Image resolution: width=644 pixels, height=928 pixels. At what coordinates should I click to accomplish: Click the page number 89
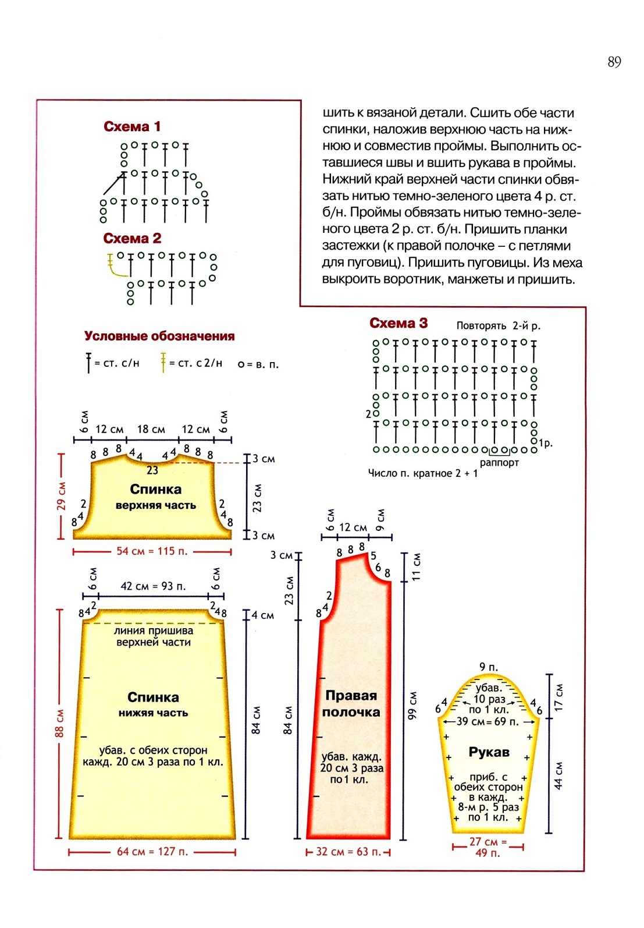click(614, 62)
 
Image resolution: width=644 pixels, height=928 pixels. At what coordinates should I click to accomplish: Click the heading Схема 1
click(132, 126)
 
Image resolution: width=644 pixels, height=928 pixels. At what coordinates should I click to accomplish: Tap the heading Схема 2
click(132, 238)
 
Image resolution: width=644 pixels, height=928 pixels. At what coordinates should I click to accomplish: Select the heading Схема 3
click(399, 323)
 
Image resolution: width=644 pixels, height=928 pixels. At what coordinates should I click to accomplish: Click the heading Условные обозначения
click(159, 336)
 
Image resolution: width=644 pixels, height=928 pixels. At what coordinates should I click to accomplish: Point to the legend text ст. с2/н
click(200, 363)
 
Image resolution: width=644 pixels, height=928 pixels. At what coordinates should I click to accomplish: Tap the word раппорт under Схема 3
click(499, 463)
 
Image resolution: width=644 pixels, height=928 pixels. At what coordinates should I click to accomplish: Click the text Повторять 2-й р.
click(498, 326)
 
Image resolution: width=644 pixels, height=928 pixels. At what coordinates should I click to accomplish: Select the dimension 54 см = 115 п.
click(152, 551)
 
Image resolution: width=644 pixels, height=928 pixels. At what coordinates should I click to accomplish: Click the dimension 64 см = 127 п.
click(152, 852)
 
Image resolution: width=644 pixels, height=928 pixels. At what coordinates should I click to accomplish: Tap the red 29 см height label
click(61, 496)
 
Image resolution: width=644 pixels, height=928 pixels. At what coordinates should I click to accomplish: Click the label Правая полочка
click(351, 703)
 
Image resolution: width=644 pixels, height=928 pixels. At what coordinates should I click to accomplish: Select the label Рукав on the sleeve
click(489, 752)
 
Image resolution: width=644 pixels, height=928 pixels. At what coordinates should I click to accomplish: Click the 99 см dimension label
click(411, 704)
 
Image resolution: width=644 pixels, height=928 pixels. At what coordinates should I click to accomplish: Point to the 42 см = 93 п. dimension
click(153, 586)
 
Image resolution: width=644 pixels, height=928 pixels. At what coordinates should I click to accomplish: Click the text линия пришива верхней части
click(154, 636)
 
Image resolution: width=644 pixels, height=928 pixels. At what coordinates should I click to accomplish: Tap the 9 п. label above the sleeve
click(489, 667)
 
